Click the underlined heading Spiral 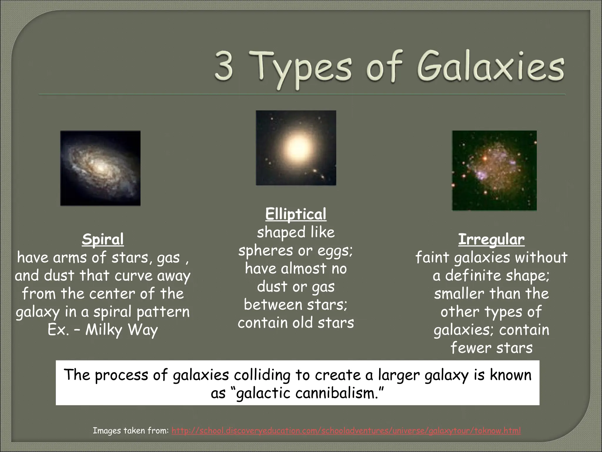(x=103, y=240)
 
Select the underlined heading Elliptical (x=296, y=214)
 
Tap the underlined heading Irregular (x=491, y=240)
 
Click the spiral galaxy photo (x=100, y=168)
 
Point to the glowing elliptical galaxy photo (x=296, y=148)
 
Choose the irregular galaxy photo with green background (x=494, y=170)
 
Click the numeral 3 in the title (x=224, y=67)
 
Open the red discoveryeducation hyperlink (x=346, y=431)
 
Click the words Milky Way (x=122, y=330)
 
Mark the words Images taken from (x=131, y=431)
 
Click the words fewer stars (x=491, y=348)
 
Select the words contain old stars (x=296, y=323)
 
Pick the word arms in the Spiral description (x=71, y=258)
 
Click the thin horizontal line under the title (x=302, y=95)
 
